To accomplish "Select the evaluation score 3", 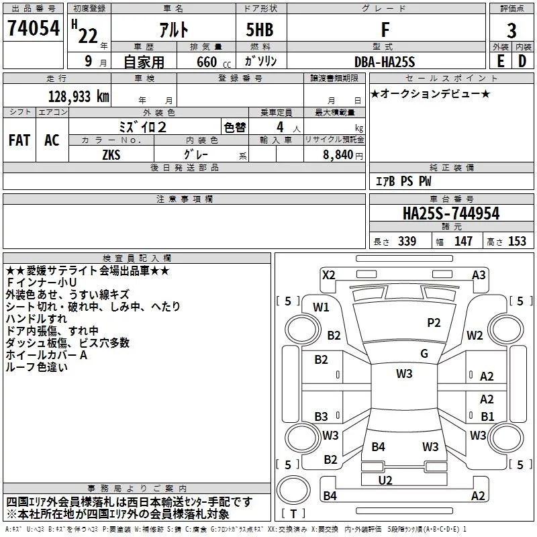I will [511, 30].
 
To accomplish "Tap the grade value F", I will [385, 30].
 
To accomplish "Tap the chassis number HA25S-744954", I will [451, 213].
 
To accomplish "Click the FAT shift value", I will [19, 140].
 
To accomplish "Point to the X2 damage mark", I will [329, 275].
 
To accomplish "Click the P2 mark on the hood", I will [434, 323].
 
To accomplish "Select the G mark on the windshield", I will [424, 354].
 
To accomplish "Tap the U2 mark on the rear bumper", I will [385, 480].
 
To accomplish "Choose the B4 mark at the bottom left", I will [330, 496].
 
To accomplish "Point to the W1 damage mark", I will [321, 307].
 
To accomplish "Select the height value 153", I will [517, 242].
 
